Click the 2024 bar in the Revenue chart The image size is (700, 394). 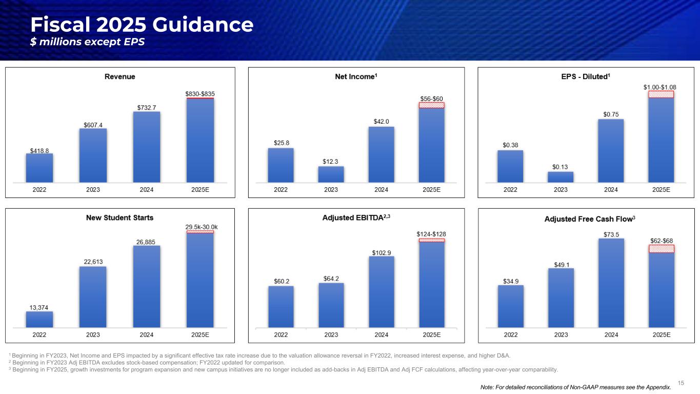pyautogui.click(x=146, y=147)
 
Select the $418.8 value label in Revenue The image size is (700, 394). pyautogui.click(x=39, y=151)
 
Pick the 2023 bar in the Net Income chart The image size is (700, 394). pyautogui.click(x=331, y=174)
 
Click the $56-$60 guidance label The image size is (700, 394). pyautogui.click(x=431, y=98)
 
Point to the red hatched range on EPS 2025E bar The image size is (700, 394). pyautogui.click(x=661, y=94)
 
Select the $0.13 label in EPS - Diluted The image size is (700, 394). pyautogui.click(x=560, y=167)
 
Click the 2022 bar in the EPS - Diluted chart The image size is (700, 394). pyautogui.click(x=510, y=166)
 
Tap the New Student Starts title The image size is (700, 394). pyautogui.click(x=119, y=218)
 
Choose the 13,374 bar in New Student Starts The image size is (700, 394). pyautogui.click(x=39, y=319)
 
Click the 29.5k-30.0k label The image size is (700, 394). pyautogui.click(x=200, y=226)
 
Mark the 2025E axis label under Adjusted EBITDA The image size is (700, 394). pyautogui.click(x=431, y=335)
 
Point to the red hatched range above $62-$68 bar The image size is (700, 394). pyautogui.click(x=661, y=249)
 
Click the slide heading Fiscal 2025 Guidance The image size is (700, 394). pyautogui.click(x=142, y=25)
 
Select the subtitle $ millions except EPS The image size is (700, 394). pyautogui.click(x=87, y=42)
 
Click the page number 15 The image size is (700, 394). pyautogui.click(x=681, y=382)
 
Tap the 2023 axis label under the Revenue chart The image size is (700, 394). pyautogui.click(x=93, y=189)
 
